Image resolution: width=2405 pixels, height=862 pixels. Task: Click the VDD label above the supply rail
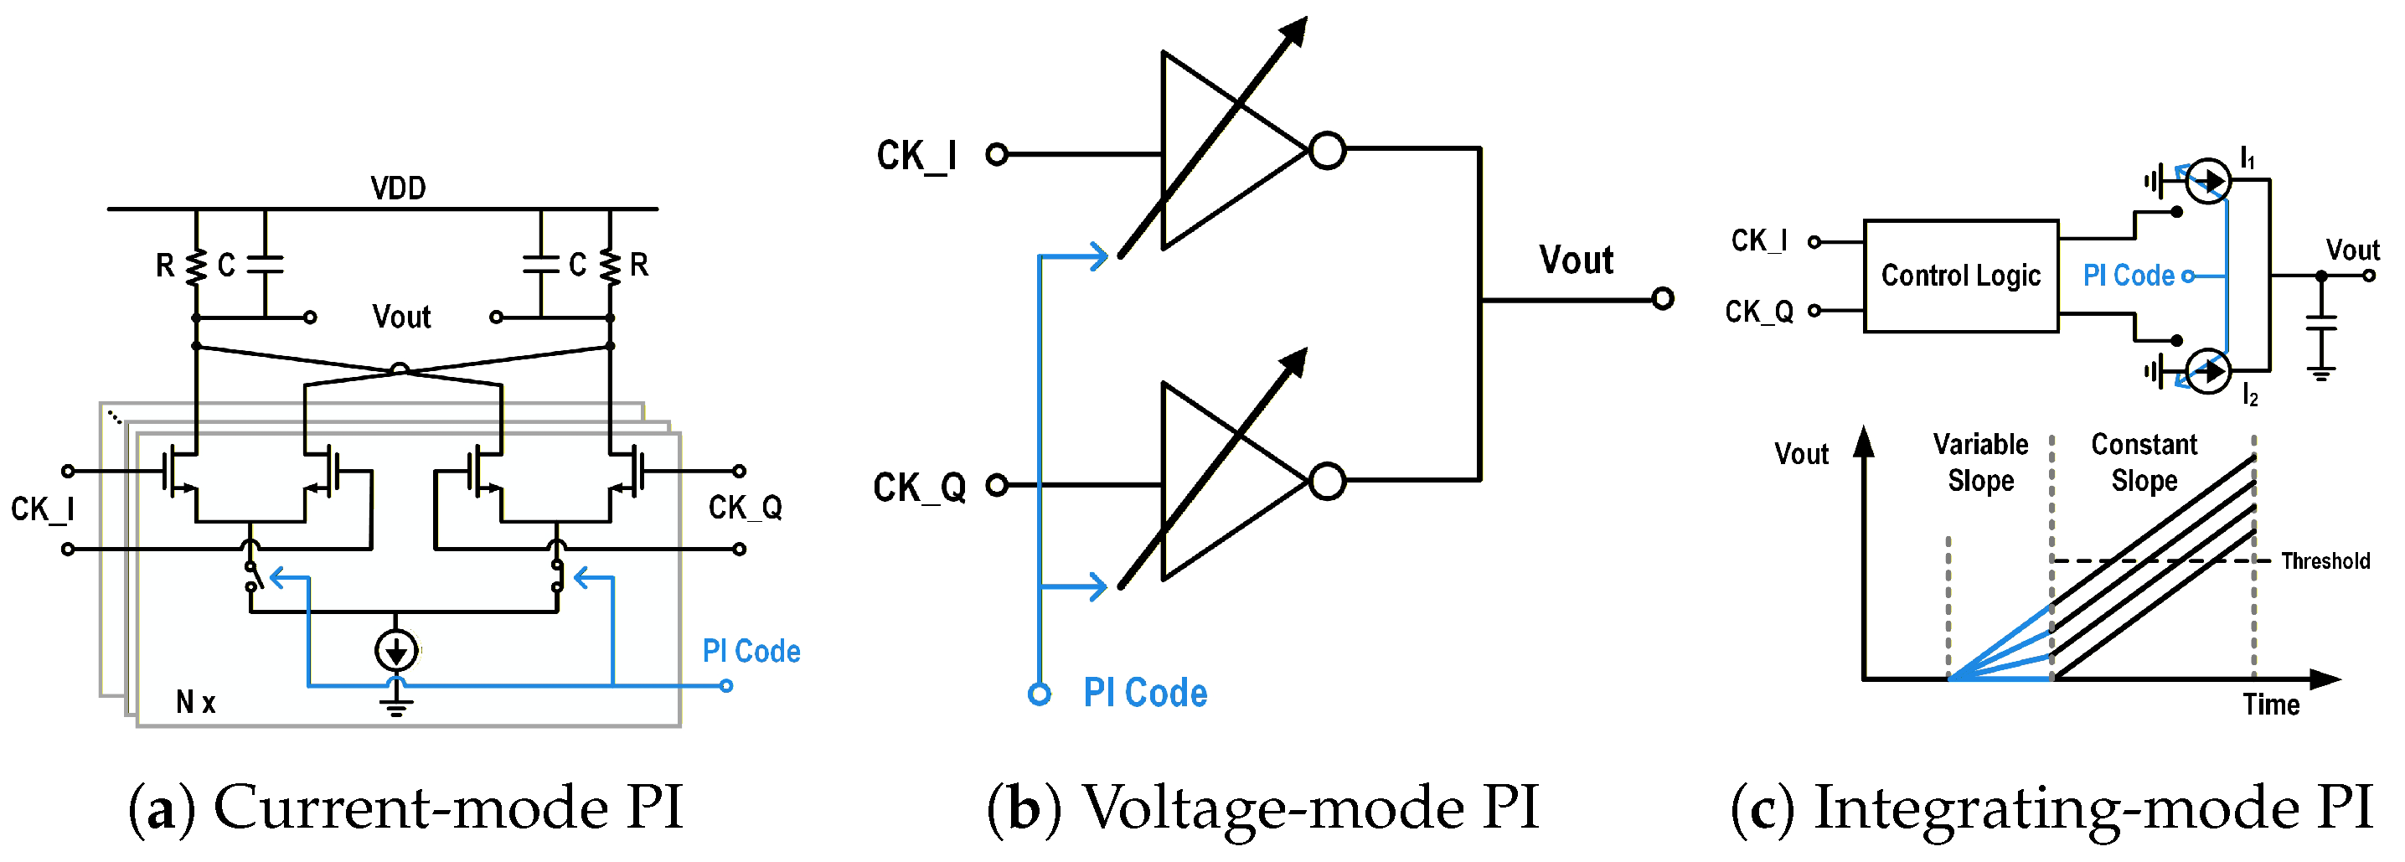coord(398,188)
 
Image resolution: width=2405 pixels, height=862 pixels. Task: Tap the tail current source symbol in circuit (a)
coord(396,650)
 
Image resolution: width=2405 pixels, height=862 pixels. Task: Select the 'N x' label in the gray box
coord(195,701)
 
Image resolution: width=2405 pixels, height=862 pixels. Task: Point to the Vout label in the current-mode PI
coord(401,317)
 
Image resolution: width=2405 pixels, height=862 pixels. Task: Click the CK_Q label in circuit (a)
coord(745,507)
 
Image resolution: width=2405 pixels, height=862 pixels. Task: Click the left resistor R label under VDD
coord(165,266)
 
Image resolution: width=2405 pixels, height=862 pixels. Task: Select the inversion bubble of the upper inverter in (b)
coord(1327,150)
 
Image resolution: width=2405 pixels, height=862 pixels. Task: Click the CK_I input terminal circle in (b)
coord(997,154)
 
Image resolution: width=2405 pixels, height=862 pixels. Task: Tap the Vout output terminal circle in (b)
coord(1662,299)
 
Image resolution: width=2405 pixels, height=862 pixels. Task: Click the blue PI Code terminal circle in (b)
coord(1039,694)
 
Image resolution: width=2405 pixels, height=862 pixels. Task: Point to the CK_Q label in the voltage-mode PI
coord(919,487)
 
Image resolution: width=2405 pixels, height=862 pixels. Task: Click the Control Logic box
coord(1960,276)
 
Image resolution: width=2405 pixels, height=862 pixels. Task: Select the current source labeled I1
coord(2208,181)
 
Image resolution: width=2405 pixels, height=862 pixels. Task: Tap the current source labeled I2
coord(2208,372)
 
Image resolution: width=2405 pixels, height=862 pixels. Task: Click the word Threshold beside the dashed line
coord(2325,560)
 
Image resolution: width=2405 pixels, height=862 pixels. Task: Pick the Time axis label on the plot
coord(2271,705)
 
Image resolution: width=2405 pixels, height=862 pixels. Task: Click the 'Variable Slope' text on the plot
coord(1980,462)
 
